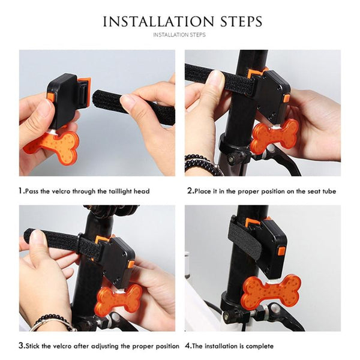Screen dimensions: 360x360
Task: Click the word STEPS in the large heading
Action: click(241, 22)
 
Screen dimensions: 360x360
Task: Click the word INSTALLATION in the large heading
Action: click(158, 22)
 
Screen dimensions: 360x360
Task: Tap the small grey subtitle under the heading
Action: click(179, 35)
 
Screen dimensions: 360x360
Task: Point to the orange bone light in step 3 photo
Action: click(119, 297)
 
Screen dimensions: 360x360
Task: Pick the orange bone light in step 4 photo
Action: click(271, 292)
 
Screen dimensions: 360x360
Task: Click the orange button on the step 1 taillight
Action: click(51, 97)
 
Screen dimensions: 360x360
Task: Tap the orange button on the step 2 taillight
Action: click(287, 98)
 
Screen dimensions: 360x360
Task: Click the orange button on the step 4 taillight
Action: click(282, 251)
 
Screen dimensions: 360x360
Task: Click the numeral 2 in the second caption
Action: click(190, 191)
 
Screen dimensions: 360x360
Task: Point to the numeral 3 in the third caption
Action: click(21, 346)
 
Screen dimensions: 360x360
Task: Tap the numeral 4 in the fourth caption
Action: click(188, 346)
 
